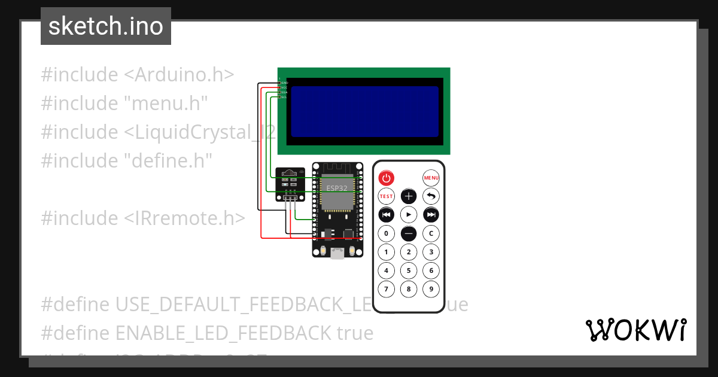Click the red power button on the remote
(x=387, y=178)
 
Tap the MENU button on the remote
(x=431, y=178)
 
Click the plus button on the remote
(x=409, y=196)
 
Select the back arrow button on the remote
(x=431, y=196)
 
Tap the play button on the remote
(x=409, y=214)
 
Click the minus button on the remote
(x=409, y=233)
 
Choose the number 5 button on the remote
(x=409, y=270)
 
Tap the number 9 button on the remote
(x=431, y=290)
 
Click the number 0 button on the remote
(x=387, y=233)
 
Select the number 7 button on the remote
(x=387, y=290)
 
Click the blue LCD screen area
(x=364, y=111)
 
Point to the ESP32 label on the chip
(x=336, y=188)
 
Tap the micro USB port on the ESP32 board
(x=337, y=253)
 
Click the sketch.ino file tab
(x=106, y=26)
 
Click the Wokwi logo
(x=635, y=330)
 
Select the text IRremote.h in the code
(x=185, y=218)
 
